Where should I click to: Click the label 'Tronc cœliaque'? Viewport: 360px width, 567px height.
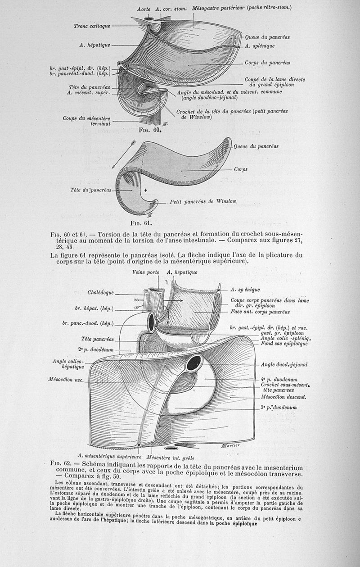pyautogui.click(x=92, y=26)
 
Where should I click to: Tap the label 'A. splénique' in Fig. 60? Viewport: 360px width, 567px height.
pyautogui.click(x=260, y=46)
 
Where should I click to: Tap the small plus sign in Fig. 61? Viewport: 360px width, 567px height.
pyautogui.click(x=146, y=191)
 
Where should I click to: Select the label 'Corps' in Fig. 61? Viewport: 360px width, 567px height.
pyautogui.click(x=240, y=169)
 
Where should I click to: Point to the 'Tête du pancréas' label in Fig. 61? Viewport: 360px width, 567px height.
pyautogui.click(x=90, y=191)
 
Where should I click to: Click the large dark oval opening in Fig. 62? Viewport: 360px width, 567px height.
pyautogui.click(x=195, y=363)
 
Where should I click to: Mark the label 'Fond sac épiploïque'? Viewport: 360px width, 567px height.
pyautogui.click(x=284, y=344)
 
